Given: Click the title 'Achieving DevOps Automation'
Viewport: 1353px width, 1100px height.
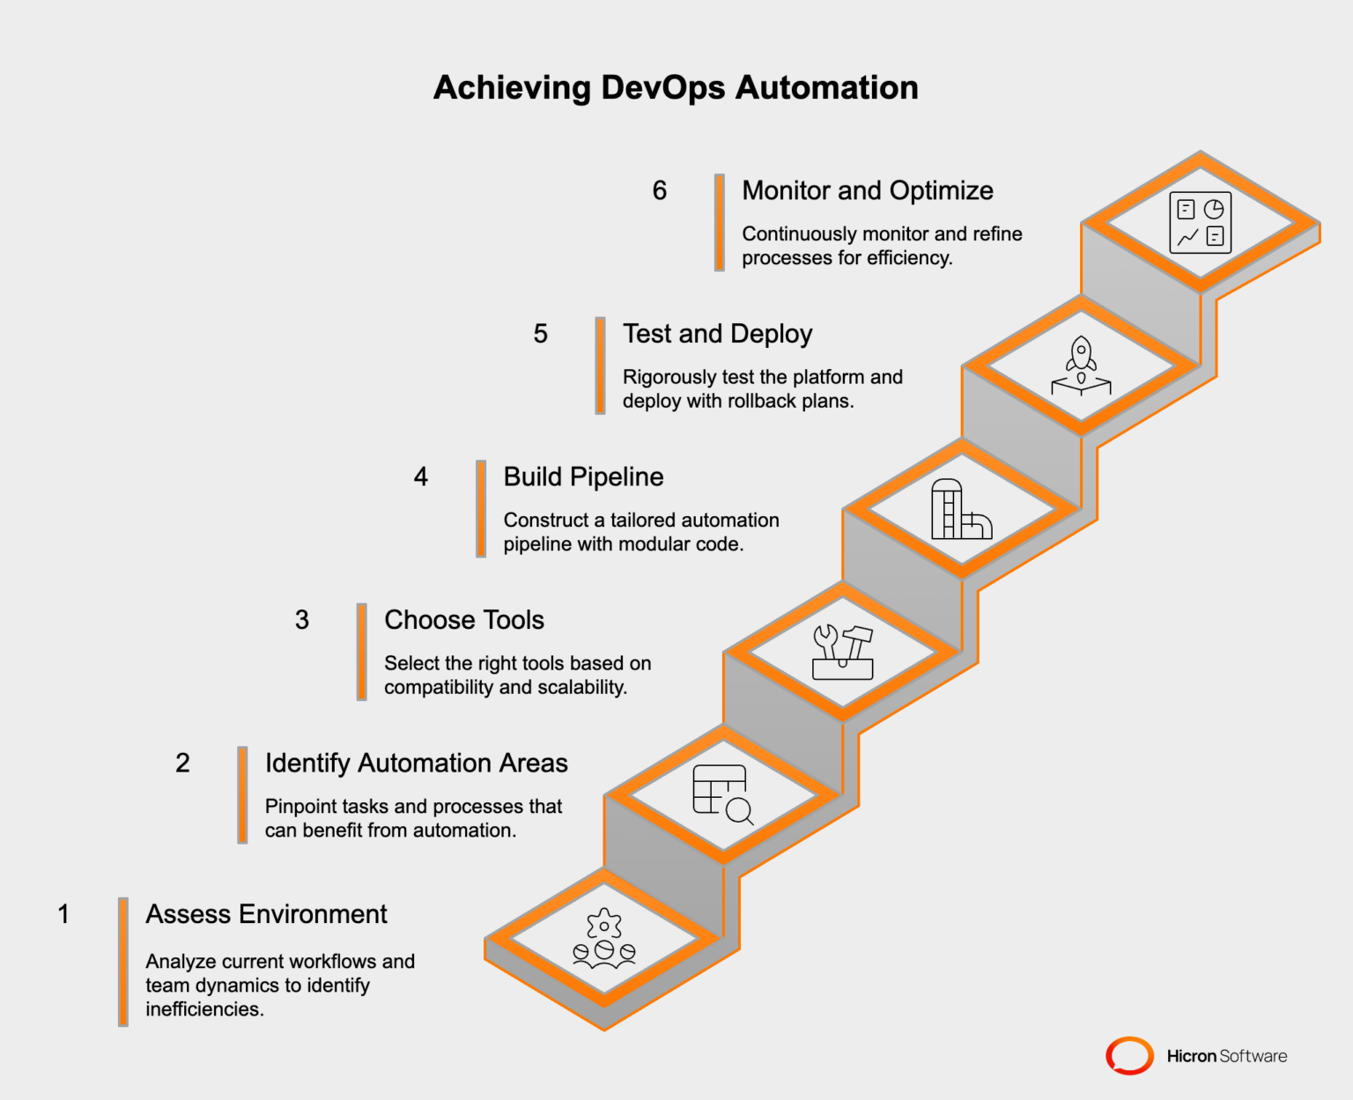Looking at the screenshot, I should (x=676, y=88).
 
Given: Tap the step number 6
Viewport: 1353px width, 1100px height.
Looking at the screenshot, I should (x=660, y=190).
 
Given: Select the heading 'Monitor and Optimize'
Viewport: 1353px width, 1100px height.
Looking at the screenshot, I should (x=867, y=190).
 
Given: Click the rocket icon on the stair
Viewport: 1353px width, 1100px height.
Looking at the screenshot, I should (x=1081, y=365).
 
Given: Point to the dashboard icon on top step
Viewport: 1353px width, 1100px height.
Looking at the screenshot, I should (x=1200, y=223).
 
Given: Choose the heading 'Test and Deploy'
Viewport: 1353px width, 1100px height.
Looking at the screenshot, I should (x=717, y=334).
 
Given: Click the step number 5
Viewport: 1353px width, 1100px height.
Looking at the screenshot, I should (x=541, y=334).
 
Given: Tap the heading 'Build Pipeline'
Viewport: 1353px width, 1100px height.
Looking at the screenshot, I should (x=583, y=476).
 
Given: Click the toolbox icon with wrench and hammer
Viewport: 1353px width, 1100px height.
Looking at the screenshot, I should (x=843, y=653).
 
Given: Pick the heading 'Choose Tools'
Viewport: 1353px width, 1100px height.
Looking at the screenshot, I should (x=464, y=620).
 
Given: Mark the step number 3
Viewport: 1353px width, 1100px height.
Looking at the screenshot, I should (x=302, y=620).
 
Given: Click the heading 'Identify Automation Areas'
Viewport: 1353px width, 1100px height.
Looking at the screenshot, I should (x=416, y=763).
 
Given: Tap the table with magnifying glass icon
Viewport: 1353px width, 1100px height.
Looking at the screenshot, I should (x=722, y=794).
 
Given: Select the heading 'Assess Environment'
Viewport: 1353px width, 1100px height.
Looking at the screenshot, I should (x=266, y=914).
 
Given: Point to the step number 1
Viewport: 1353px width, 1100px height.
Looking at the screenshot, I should (x=63, y=914).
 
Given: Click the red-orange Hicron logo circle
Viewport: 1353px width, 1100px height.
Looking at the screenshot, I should (x=1129, y=1055).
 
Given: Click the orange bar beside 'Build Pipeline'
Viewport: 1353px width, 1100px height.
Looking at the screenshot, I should (x=481, y=509).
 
